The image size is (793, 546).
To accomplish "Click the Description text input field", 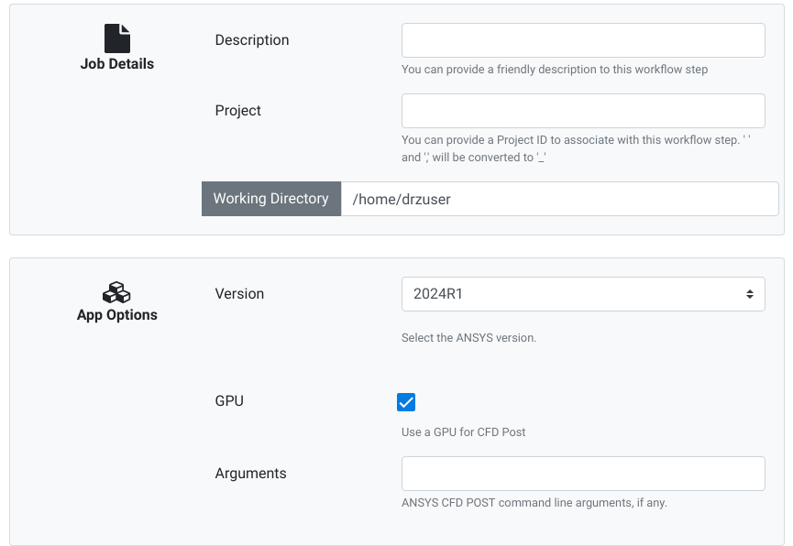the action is pyautogui.click(x=583, y=40).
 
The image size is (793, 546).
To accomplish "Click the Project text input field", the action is pyautogui.click(x=583, y=111).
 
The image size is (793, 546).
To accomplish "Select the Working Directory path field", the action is pyautogui.click(x=560, y=199).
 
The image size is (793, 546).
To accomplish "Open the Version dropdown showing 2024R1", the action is pyautogui.click(x=583, y=294).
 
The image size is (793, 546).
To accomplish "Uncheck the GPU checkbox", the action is pyautogui.click(x=406, y=402).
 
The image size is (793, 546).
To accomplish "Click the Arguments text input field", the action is pyautogui.click(x=583, y=474).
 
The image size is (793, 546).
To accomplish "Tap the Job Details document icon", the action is pyautogui.click(x=117, y=38).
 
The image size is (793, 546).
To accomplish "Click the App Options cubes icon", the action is pyautogui.click(x=116, y=292).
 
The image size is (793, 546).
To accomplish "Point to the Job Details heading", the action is pyautogui.click(x=117, y=64).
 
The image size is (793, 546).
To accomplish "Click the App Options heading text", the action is pyautogui.click(x=117, y=315).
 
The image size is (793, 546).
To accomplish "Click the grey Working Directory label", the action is pyautogui.click(x=271, y=199).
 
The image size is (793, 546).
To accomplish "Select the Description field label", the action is pyautogui.click(x=252, y=40).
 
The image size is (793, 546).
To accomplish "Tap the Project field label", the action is pyautogui.click(x=237, y=111).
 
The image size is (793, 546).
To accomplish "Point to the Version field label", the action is pyautogui.click(x=239, y=294).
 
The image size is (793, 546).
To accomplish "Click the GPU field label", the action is pyautogui.click(x=229, y=401).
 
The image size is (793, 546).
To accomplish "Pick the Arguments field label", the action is pyautogui.click(x=250, y=474).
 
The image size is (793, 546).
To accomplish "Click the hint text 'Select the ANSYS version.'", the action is pyautogui.click(x=468, y=338).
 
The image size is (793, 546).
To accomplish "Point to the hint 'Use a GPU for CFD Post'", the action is pyautogui.click(x=463, y=432).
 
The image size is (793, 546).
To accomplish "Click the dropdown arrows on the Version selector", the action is pyautogui.click(x=750, y=294).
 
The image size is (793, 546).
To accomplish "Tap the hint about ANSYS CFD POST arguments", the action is pyautogui.click(x=534, y=503).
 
